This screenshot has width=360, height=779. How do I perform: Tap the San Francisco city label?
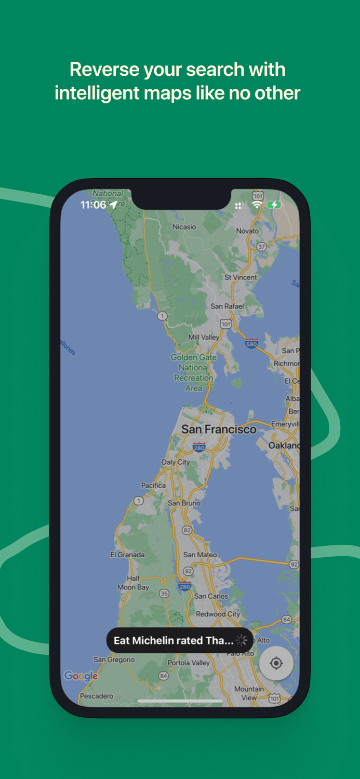point(219,429)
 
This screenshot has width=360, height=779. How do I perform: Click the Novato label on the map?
point(247,231)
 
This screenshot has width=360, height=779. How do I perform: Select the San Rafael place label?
point(227,306)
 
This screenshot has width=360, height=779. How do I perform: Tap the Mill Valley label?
point(204,337)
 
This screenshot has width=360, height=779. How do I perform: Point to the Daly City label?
point(176,462)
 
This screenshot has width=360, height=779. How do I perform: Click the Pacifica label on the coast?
point(153,485)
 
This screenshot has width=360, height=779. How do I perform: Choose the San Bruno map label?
point(184,503)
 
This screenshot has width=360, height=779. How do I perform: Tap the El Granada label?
point(127,555)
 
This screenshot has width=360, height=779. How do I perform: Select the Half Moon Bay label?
point(133,583)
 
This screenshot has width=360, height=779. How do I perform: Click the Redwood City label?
point(218,614)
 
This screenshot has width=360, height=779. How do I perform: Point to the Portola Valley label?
point(189,663)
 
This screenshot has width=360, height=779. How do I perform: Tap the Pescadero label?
point(96,696)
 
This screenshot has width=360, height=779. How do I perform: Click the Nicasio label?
point(184,226)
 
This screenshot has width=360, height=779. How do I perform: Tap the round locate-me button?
point(276,663)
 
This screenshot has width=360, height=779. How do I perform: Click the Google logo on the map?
point(81,676)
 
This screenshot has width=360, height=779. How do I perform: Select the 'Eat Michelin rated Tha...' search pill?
point(174,640)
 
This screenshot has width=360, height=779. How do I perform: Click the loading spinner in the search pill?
point(242,640)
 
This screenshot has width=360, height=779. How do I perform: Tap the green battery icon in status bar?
point(274,205)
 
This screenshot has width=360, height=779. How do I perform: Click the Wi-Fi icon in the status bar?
point(257,205)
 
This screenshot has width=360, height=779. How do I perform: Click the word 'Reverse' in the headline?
point(105,69)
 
